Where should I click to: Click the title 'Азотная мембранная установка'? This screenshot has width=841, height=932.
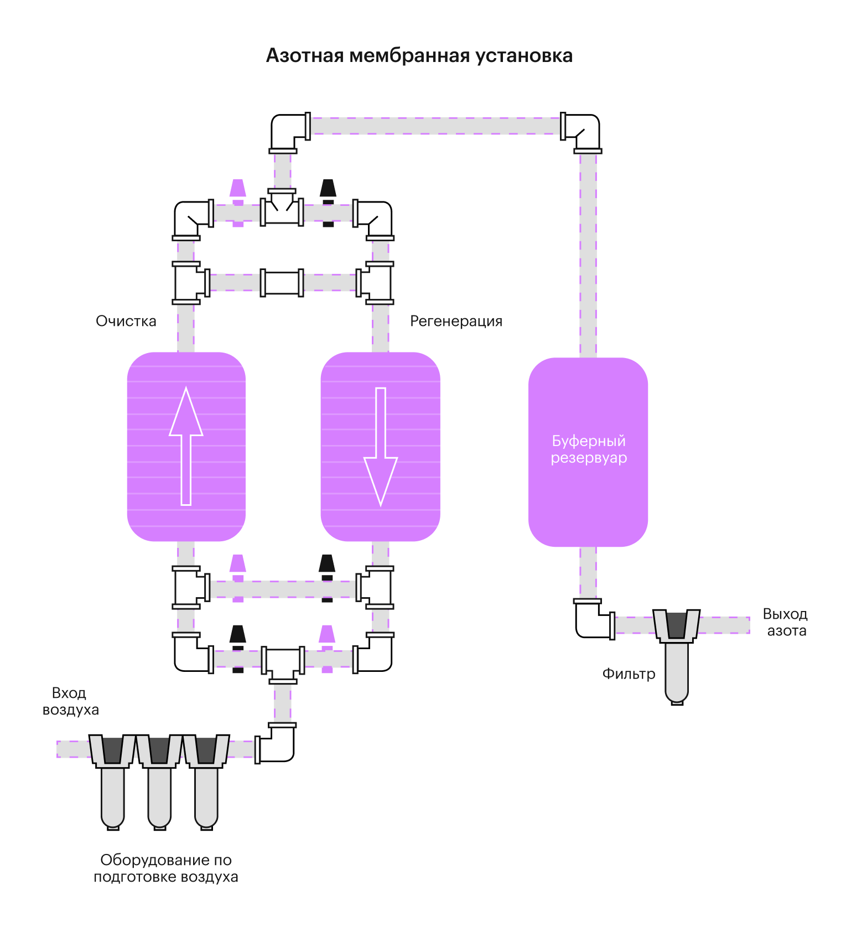[419, 56]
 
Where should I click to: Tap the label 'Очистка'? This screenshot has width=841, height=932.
[126, 321]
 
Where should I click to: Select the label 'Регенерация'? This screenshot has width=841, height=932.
[456, 321]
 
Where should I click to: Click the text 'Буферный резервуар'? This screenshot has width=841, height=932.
[589, 449]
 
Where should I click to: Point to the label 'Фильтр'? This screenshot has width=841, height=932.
[629, 674]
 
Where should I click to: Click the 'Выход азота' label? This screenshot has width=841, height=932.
[785, 623]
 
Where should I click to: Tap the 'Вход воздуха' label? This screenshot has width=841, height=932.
[70, 701]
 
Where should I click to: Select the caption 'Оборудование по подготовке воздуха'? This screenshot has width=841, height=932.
[165, 868]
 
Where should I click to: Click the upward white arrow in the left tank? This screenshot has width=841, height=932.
[186, 446]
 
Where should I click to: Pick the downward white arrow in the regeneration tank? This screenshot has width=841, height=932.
[381, 446]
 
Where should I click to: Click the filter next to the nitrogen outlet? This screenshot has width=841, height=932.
[677, 653]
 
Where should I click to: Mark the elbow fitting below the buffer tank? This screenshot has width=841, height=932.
[592, 620]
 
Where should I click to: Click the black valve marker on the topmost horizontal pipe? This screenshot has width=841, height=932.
[328, 203]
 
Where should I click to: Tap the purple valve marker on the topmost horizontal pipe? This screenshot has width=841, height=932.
[238, 203]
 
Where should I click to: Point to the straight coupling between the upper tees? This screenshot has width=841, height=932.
[282, 283]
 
